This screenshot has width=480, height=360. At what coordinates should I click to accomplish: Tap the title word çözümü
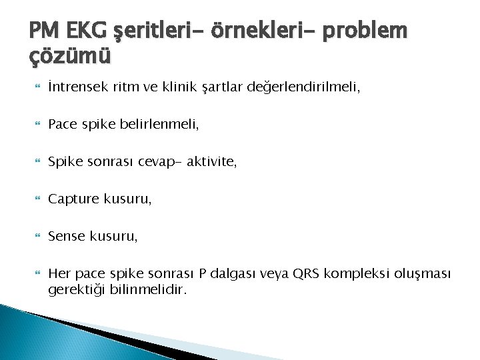tap(70, 57)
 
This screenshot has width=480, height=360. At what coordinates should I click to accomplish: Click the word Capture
tap(74, 198)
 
